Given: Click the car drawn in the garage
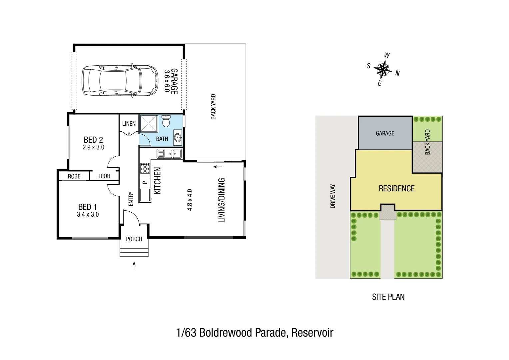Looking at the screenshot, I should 120,80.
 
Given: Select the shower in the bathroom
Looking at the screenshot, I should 149,123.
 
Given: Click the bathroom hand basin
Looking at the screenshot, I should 178,137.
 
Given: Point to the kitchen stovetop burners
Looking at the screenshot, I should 145,168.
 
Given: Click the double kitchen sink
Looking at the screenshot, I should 169,154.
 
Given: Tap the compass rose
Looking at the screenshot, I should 383,69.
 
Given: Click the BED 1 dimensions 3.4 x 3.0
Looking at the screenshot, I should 88,215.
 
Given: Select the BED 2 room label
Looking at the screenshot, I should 93,140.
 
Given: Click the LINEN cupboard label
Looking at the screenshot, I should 129,124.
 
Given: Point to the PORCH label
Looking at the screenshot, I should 134,239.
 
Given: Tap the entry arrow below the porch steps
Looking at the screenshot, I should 134,266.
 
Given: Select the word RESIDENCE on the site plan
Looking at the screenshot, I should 396,189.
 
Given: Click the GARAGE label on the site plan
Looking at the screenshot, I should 385,133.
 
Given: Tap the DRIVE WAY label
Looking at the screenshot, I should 333,197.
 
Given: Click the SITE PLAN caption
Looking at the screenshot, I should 388,297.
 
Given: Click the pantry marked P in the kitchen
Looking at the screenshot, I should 145,182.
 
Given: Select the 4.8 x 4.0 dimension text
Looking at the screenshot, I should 190,200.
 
